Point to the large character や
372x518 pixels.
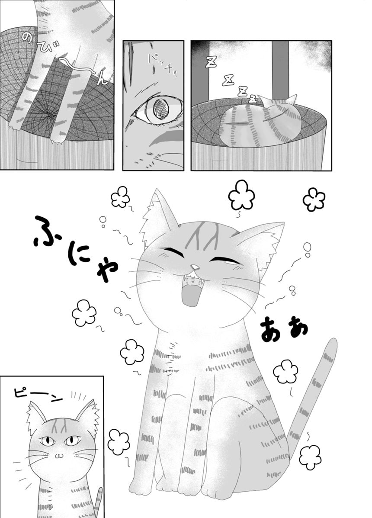click(x=107, y=269)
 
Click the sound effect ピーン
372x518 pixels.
click(x=38, y=394)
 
